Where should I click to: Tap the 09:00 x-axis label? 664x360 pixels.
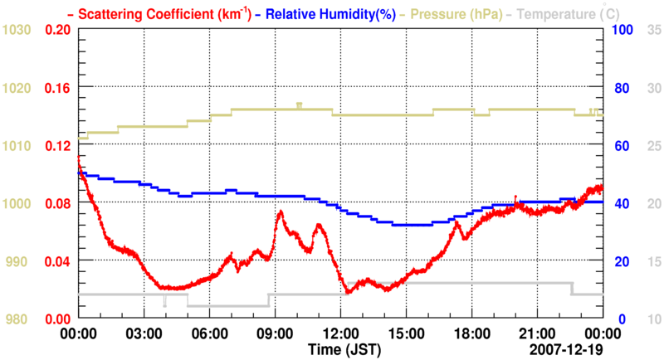point(274,332)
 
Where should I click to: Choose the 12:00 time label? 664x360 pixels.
point(339,332)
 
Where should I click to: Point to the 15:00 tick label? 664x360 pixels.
point(405,332)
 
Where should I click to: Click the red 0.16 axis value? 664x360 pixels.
point(57,87)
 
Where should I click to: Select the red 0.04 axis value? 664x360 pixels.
point(57,261)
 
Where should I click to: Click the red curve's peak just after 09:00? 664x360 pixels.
point(281,212)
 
